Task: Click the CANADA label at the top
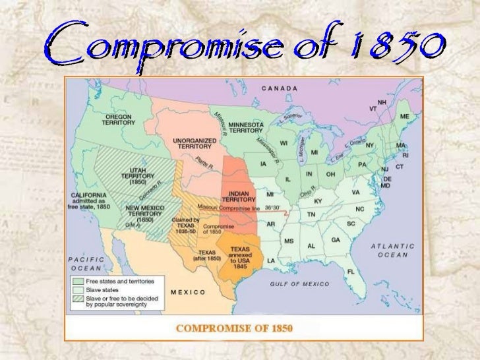(280, 88)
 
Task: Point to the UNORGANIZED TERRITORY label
(192, 144)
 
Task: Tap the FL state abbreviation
(351, 270)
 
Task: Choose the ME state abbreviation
(405, 116)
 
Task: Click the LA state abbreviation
(271, 260)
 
